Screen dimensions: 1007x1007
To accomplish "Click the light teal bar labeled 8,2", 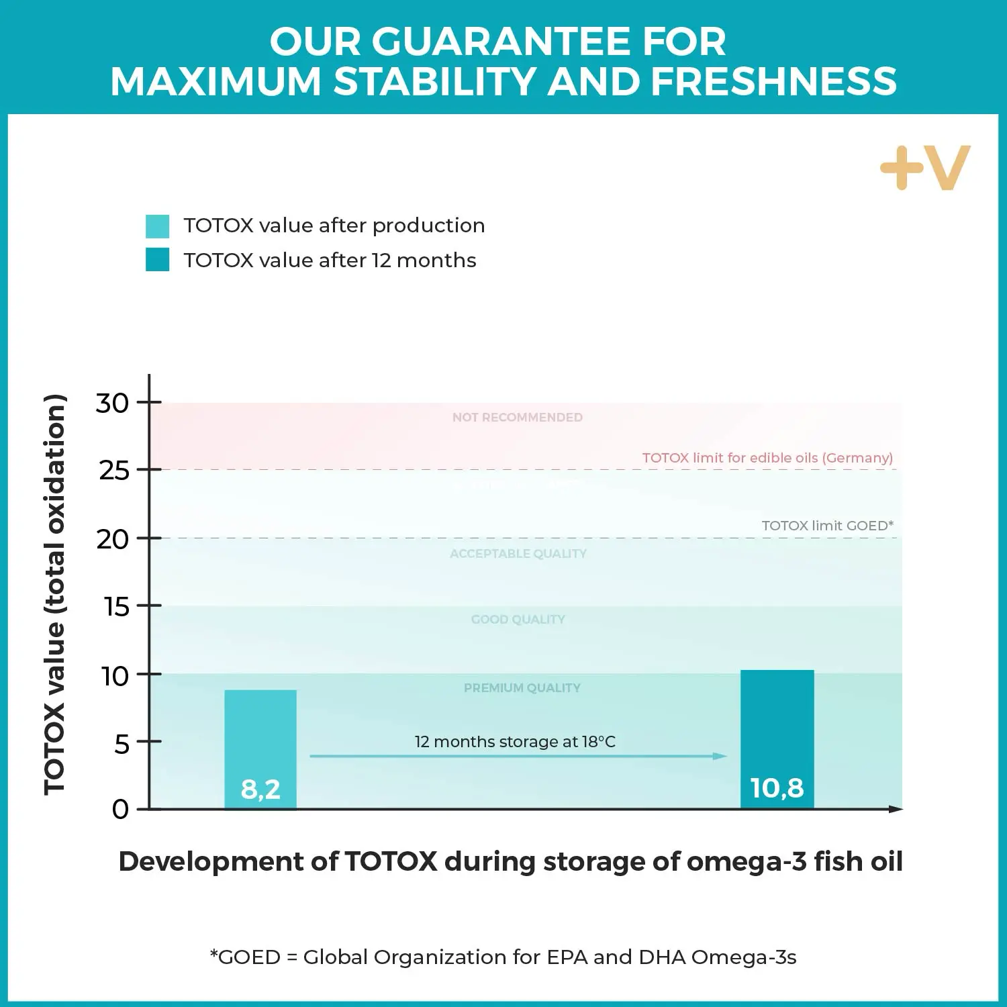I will click(260, 749).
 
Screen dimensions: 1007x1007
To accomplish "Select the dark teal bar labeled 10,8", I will click(777, 738).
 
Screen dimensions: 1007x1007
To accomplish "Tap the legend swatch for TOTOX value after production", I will click(158, 226).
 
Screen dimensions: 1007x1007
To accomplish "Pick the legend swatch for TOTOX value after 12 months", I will click(158, 260).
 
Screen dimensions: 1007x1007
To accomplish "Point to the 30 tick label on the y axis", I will click(112, 403).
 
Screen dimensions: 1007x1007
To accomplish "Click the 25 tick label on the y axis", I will click(113, 471).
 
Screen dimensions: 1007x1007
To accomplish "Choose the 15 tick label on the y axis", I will click(116, 607).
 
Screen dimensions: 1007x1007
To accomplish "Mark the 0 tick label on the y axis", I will click(120, 809).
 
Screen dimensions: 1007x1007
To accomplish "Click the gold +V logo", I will click(925, 168).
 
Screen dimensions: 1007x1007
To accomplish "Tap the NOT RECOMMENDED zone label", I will click(517, 418).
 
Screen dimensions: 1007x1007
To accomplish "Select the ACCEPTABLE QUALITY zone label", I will click(518, 554).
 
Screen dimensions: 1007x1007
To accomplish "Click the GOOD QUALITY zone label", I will click(518, 620).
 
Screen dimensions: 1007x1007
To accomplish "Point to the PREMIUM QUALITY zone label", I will click(522, 688).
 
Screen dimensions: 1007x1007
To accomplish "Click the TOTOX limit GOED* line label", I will click(827, 526).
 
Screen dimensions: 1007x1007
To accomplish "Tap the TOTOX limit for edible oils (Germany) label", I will click(767, 458).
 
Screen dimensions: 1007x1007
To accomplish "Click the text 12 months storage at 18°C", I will click(515, 742).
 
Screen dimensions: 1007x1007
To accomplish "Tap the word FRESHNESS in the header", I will click(773, 82).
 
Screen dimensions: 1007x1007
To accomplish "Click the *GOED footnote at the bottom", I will click(503, 957).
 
